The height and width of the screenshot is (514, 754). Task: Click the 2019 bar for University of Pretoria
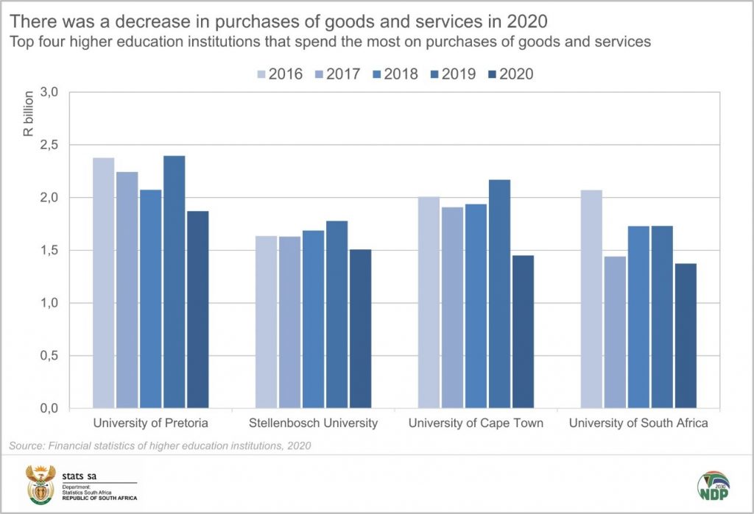[x=175, y=282]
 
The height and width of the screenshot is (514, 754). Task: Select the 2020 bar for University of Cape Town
[x=523, y=332]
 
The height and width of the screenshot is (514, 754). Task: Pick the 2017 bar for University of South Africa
[x=615, y=332]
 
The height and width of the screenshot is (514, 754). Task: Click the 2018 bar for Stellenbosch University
[x=314, y=319]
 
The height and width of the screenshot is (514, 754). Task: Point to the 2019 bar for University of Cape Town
[x=499, y=293]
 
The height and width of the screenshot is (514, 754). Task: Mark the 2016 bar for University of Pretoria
[x=104, y=283]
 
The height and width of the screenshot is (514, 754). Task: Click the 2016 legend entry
[x=279, y=74]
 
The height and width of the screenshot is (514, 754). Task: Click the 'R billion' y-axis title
[x=28, y=114]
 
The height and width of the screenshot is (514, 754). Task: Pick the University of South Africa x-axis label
[x=638, y=423]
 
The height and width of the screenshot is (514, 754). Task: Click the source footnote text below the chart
[x=160, y=446]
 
